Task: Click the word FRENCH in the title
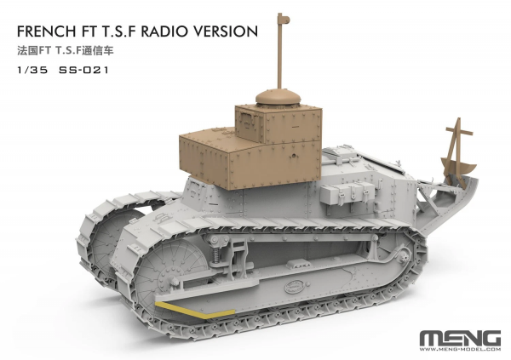point(44,30)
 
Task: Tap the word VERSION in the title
point(224,30)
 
